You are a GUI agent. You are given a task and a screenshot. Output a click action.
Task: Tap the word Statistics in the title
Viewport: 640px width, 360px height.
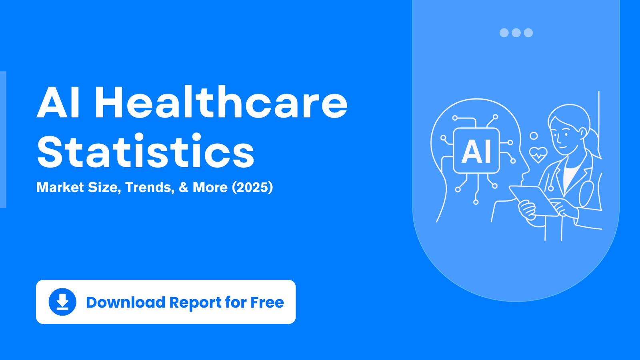pyautogui.click(x=146, y=150)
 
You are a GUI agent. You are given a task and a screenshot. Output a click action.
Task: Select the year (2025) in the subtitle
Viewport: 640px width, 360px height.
pyautogui.click(x=252, y=187)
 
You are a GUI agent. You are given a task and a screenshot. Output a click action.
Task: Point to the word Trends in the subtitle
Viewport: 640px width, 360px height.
pyautogui.click(x=150, y=187)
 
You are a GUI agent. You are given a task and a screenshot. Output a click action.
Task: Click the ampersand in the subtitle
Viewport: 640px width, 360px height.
pyautogui.click(x=184, y=187)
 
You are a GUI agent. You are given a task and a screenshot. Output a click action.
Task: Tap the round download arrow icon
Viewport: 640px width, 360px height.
pyautogui.click(x=62, y=302)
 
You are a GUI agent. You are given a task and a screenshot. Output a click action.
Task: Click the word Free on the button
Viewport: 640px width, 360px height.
pyautogui.click(x=267, y=302)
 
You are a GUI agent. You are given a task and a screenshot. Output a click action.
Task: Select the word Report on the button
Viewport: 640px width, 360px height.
pyautogui.click(x=196, y=303)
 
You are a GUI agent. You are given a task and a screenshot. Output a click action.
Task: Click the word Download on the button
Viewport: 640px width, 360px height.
pyautogui.click(x=126, y=302)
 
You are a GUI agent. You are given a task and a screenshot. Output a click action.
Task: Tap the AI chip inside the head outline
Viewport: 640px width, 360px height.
pyautogui.click(x=476, y=150)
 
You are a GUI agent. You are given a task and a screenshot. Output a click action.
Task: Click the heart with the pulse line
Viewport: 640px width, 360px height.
pyautogui.click(x=538, y=154)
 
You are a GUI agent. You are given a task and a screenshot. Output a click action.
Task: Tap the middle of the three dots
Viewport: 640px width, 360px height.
pyautogui.click(x=516, y=33)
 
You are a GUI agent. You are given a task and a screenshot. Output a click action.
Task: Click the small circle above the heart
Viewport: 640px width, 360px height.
pyautogui.click(x=534, y=136)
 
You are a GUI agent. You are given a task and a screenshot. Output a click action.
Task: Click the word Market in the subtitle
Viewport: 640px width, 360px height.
pyautogui.click(x=60, y=187)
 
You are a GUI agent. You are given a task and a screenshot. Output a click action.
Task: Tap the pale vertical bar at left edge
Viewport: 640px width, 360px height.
pyautogui.click(x=3, y=140)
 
